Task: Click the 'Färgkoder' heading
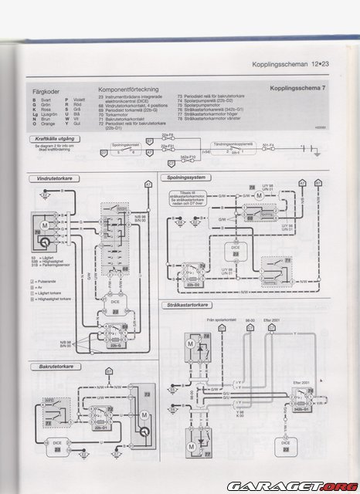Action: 41,90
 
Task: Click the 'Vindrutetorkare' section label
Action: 46,179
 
